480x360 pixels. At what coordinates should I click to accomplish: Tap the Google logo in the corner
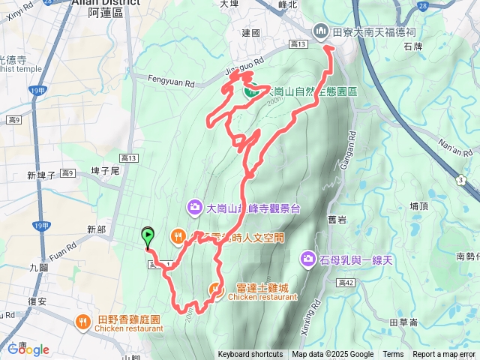[28, 349]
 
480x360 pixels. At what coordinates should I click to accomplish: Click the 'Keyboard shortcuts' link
[250, 355]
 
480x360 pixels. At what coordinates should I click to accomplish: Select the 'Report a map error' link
[444, 355]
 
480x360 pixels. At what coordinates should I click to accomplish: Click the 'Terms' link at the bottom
[393, 355]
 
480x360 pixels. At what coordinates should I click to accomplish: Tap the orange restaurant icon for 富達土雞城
[216, 286]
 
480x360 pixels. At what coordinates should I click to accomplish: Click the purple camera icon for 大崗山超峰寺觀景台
[193, 206]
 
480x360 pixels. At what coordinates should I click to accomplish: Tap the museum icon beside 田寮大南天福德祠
[320, 30]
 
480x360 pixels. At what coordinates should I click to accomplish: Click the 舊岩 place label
[337, 219]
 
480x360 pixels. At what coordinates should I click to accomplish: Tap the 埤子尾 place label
[104, 171]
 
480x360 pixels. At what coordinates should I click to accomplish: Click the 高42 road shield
[346, 283]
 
